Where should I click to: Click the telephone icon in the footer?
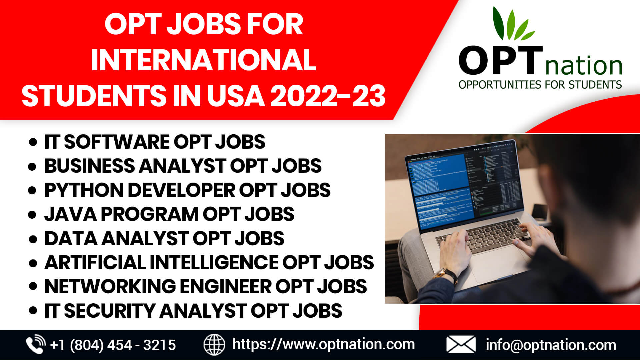[36, 344]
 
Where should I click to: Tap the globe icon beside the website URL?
[214, 345]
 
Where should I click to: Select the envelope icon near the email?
[461, 345]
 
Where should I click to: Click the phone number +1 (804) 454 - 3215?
[113, 345]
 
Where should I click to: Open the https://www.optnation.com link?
[323, 344]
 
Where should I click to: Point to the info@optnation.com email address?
[551, 345]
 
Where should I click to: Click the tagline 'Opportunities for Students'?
[540, 85]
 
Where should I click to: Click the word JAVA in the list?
[70, 214]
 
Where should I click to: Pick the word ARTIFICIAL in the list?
[95, 262]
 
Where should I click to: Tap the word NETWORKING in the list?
[110, 286]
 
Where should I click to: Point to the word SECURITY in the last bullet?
[110, 311]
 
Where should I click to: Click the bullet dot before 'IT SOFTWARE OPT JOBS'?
[33, 142]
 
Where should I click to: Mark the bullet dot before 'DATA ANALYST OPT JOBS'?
[33, 239]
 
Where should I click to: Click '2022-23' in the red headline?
[328, 96]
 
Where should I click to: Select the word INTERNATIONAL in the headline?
[203, 60]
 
